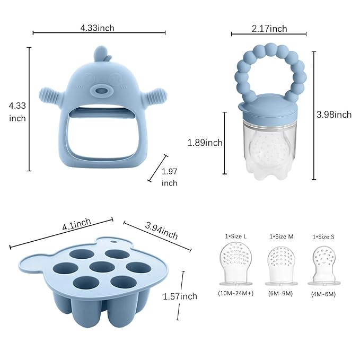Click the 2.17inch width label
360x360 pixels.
(x=269, y=28)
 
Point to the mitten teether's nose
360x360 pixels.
(x=101, y=92)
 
